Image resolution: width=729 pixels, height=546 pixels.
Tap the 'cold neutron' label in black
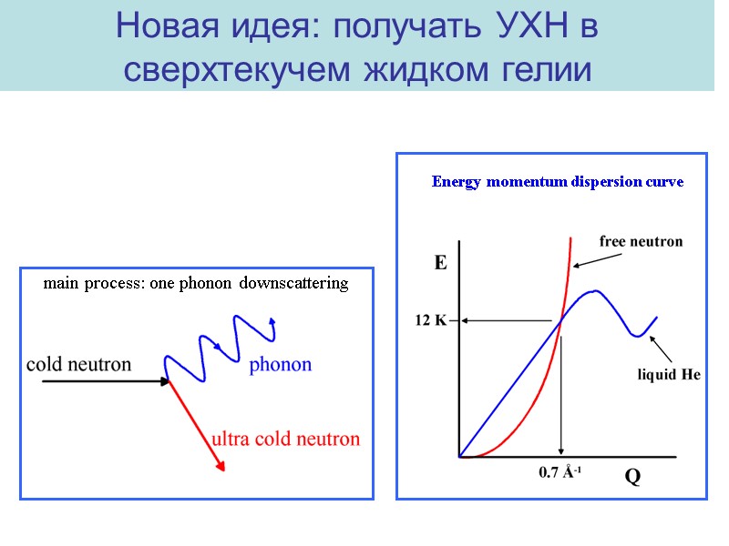[78, 364]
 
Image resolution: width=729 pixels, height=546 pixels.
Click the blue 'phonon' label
[281, 365]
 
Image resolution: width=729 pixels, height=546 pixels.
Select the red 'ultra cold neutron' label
[286, 439]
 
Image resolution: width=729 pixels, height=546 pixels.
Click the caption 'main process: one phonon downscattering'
[196, 284]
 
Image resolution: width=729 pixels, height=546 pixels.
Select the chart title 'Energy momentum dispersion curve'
[557, 182]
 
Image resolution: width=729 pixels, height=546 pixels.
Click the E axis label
[440, 264]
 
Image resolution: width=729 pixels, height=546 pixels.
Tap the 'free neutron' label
[641, 242]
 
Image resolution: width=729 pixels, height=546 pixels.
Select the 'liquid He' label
[668, 375]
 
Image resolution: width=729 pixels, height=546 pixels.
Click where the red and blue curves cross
[560, 318]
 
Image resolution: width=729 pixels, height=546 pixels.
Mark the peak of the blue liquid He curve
[594, 291]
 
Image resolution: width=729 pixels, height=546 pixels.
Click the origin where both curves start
[461, 456]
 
